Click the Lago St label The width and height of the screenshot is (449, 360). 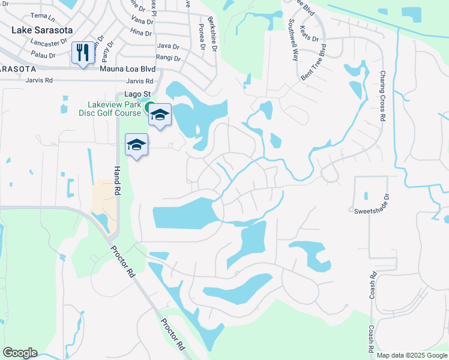136,94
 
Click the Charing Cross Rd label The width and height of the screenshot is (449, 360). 382,96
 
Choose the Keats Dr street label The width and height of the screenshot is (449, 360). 310,32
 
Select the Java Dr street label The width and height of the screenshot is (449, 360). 168,46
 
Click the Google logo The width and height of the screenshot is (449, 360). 20,353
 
